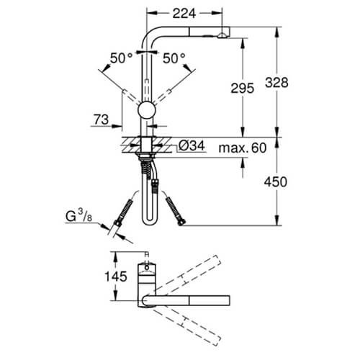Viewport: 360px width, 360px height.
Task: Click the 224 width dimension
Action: pyautogui.click(x=184, y=14)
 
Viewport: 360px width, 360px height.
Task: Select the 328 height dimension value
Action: pyautogui.click(x=276, y=83)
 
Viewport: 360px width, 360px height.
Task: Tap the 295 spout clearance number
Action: pyautogui.click(x=243, y=88)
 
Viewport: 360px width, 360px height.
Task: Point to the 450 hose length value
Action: pyautogui.click(x=276, y=182)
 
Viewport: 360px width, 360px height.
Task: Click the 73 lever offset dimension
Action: pyautogui.click(x=101, y=120)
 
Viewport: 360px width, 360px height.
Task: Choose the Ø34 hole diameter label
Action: pyautogui.click(x=192, y=145)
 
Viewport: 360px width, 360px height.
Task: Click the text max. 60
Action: pyautogui.click(x=243, y=148)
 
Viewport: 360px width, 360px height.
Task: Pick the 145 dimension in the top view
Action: pyautogui.click(x=116, y=276)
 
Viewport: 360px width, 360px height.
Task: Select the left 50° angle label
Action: pyautogui.click(x=121, y=58)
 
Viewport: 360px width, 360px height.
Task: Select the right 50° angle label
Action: pyautogui.click(x=174, y=58)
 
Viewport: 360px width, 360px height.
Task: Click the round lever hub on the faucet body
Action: pyautogui.click(x=147, y=111)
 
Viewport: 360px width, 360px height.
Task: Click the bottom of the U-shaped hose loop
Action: pyautogui.click(x=148, y=222)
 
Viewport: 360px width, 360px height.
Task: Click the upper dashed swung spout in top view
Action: pyautogui.click(x=186, y=275)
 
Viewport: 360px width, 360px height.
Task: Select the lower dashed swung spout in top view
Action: pyautogui.click(x=186, y=328)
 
